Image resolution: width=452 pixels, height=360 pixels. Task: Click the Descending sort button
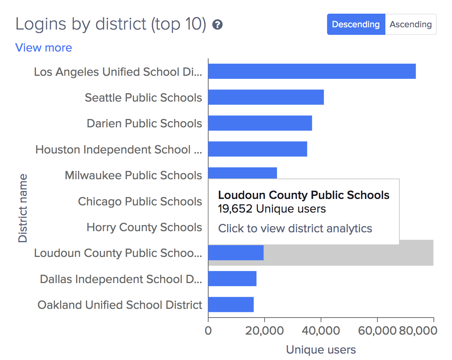coord(356,25)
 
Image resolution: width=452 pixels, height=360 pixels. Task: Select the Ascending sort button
coord(411,25)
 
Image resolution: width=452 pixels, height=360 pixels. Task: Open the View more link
coord(44,48)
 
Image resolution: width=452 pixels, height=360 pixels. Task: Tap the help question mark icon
coord(217,25)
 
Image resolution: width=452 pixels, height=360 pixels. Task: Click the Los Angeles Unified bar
coord(312,71)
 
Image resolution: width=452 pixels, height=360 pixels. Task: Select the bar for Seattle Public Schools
coord(266,97)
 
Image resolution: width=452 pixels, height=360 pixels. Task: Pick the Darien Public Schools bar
coord(260,123)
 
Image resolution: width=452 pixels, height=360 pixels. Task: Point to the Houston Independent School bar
coord(257,149)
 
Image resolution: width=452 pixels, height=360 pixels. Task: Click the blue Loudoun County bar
coord(236,253)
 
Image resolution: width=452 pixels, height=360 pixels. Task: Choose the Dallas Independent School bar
coord(232,279)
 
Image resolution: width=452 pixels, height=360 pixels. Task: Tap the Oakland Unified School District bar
coord(231,304)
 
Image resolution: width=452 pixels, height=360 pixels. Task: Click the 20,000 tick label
coord(265,330)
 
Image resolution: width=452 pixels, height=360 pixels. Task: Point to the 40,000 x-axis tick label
coord(321,330)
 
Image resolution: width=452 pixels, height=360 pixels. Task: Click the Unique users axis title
coord(321,349)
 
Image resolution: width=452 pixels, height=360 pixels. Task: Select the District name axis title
coord(23,208)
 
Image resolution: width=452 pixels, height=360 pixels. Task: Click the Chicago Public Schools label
coord(140,201)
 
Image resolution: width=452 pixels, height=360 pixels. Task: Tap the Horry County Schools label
coord(144,227)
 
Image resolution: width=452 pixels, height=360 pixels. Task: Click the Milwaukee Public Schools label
coord(133,175)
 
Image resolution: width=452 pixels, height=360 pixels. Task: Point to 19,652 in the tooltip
coord(235,209)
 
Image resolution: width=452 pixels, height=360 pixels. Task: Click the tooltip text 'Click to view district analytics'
coord(295,229)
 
